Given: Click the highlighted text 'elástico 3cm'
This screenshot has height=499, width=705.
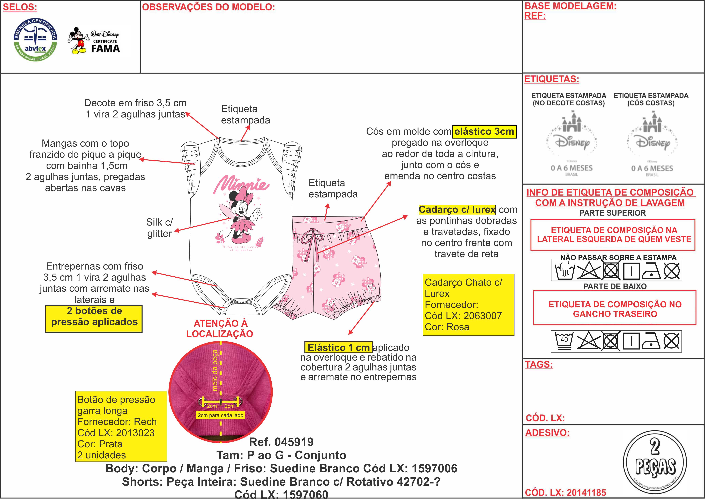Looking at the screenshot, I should tap(484, 131).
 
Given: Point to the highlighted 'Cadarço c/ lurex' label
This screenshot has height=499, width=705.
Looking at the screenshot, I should tap(457, 210).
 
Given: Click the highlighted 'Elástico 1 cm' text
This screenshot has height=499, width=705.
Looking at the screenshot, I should tap(338, 347).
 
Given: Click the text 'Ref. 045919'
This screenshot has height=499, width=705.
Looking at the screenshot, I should tap(281, 442).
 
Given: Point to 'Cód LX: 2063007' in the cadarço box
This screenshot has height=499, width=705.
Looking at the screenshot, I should tap(463, 316).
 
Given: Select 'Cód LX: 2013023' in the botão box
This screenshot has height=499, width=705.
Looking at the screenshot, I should tap(116, 433).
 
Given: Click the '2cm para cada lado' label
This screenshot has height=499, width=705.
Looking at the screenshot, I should tap(220, 415).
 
